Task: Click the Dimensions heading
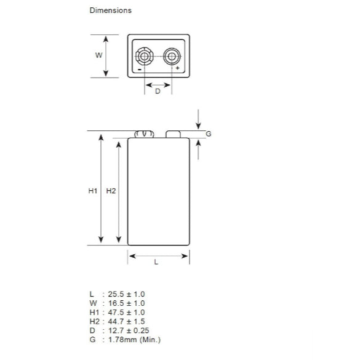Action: pyautogui.click(x=110, y=10)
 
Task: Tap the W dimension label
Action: pyautogui.click(x=98, y=55)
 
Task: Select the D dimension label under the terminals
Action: pyautogui.click(x=158, y=91)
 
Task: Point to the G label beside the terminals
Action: pyautogui.click(x=208, y=134)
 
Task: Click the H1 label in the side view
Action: pyautogui.click(x=93, y=191)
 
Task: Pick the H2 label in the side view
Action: pyautogui.click(x=111, y=191)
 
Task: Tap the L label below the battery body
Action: pyautogui.click(x=156, y=262)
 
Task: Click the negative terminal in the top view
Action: pyautogui.click(x=145, y=56)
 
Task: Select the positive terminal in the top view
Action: pyautogui.click(x=172, y=56)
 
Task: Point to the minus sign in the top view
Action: pyautogui.click(x=139, y=69)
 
